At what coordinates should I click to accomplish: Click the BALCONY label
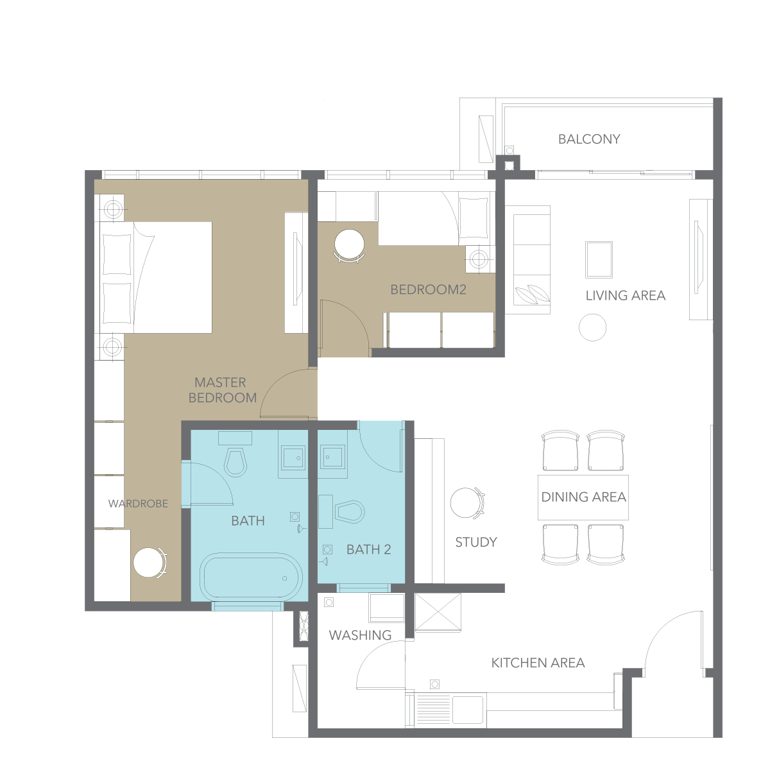point(589,139)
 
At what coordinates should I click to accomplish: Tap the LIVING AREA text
point(626,296)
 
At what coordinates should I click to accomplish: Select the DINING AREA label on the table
point(583,497)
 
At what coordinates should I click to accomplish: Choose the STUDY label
point(476,542)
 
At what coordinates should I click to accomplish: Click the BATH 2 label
point(368,549)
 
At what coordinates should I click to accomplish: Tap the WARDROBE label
point(138,504)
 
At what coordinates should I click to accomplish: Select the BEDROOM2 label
point(428,289)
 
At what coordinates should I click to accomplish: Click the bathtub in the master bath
point(251,577)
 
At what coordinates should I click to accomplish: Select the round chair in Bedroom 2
point(349,245)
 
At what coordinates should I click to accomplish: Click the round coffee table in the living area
point(592,327)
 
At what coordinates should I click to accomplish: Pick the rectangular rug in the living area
point(599,259)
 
